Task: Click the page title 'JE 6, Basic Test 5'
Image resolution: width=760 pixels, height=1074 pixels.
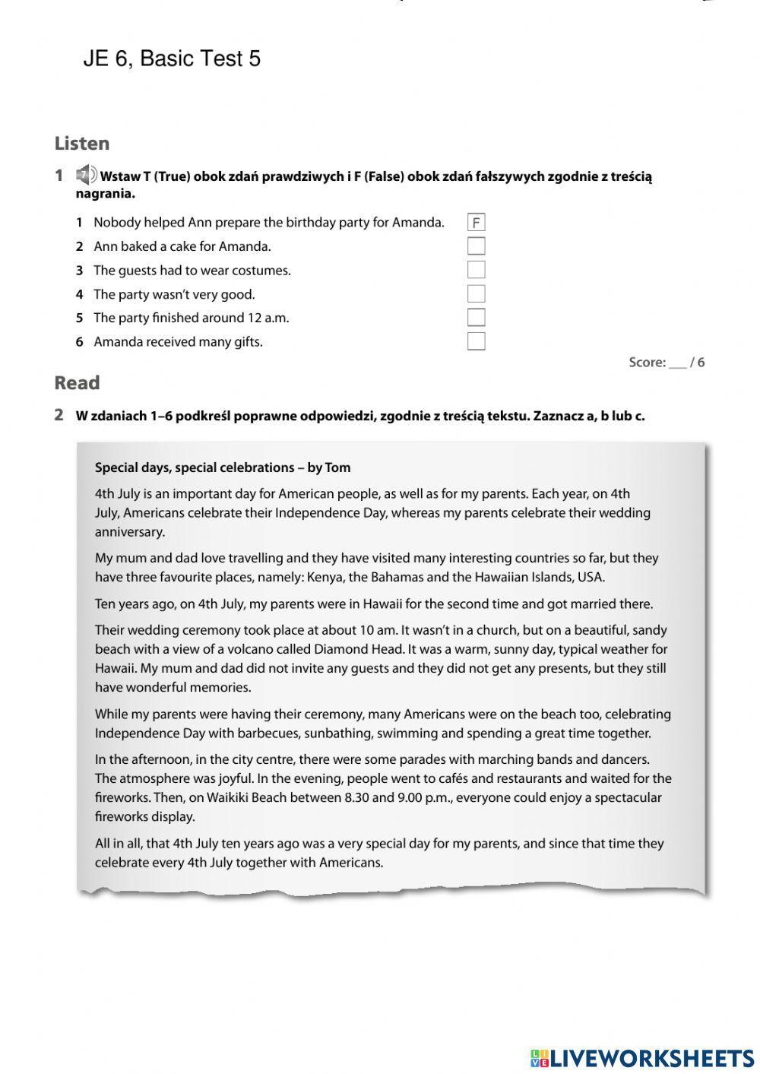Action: tap(172, 59)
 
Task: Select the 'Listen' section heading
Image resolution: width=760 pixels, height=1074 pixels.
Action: tap(82, 143)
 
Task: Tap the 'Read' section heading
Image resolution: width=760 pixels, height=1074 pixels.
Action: tap(77, 383)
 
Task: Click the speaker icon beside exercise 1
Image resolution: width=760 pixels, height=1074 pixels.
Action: tap(86, 175)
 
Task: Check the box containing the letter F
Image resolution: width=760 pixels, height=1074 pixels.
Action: tap(476, 223)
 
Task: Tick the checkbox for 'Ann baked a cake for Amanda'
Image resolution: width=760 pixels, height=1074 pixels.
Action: tap(476, 246)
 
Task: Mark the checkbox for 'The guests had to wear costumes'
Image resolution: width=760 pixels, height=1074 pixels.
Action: tap(476, 270)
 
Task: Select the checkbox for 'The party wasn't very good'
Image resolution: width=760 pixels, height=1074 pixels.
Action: tap(476, 294)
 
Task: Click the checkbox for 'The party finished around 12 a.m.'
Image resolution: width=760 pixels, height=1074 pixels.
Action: tap(476, 318)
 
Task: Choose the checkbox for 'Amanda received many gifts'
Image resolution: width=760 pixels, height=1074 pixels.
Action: tap(476, 341)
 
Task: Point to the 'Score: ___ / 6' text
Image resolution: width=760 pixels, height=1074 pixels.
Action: tap(667, 363)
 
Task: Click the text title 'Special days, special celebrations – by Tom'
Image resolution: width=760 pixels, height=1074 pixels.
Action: tap(223, 467)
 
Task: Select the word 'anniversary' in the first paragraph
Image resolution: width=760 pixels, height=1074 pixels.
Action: tap(130, 532)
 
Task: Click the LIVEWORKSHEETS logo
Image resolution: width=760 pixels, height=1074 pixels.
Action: tap(642, 1057)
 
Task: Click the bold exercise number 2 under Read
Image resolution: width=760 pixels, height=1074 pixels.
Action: tap(59, 415)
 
